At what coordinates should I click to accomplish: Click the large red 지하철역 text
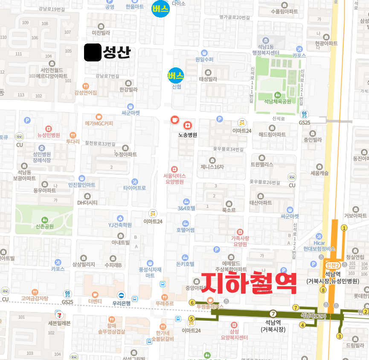[x=249, y=282]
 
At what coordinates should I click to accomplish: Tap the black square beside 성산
[x=93, y=52]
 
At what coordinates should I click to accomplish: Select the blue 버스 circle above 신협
[x=175, y=75]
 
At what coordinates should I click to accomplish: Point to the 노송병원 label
[x=188, y=135]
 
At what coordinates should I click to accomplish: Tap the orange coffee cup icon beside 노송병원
[x=174, y=120]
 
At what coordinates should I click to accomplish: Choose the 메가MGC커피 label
[x=99, y=124]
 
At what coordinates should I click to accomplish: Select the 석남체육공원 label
[x=277, y=102]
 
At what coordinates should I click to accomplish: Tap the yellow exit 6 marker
[x=192, y=302]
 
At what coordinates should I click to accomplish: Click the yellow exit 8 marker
[x=323, y=290]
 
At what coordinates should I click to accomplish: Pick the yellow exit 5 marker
[x=192, y=319]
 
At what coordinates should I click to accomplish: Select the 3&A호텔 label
[x=186, y=209]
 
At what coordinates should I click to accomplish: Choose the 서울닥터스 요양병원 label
[x=173, y=178]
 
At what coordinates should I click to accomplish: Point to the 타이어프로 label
[x=134, y=188]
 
